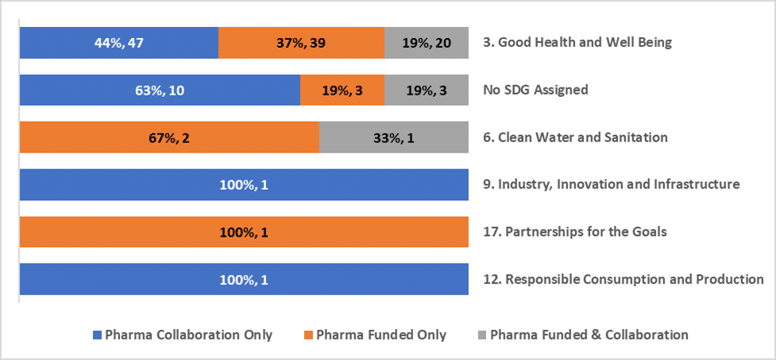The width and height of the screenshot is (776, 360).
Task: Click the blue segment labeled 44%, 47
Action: point(118,42)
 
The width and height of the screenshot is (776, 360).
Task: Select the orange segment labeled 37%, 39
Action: point(301,42)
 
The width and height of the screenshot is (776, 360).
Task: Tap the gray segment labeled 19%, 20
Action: point(426,42)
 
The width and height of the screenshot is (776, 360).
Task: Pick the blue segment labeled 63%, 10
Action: point(159,90)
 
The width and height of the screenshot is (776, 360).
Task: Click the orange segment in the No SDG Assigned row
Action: point(342,90)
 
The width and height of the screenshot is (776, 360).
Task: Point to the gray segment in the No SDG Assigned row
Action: point(426,90)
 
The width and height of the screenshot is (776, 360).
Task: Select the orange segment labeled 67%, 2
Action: point(168,137)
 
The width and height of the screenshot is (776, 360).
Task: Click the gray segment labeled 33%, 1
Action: point(393,137)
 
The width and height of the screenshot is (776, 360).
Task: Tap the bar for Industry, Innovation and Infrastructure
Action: point(243,184)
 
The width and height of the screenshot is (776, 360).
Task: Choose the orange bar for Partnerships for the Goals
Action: point(243,232)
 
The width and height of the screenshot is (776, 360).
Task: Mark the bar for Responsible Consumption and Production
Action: point(243,280)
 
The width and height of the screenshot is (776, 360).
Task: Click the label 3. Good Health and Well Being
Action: point(577,42)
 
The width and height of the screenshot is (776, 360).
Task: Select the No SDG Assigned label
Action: point(535,90)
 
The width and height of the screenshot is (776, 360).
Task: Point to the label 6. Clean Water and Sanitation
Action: point(575,137)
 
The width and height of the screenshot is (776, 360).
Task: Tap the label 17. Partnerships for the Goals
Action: point(575,232)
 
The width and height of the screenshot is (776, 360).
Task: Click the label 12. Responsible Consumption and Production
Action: point(623,280)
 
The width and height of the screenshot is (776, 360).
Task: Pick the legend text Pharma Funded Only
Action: point(381,335)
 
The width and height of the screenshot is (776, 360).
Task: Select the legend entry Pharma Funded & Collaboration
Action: point(589,335)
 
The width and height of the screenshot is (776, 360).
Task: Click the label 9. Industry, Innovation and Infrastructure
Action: point(611,184)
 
